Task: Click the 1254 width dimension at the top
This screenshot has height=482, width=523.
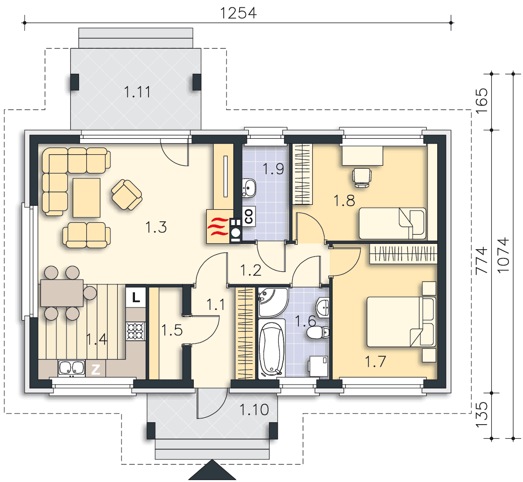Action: coord(238,13)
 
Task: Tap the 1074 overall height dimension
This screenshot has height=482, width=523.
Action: coord(503,255)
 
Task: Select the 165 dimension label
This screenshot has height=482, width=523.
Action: coord(482,101)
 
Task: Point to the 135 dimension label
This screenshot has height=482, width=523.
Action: coord(482,415)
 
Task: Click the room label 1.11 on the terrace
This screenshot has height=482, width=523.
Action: coord(137,92)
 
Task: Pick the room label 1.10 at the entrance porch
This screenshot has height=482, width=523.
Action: coord(254,410)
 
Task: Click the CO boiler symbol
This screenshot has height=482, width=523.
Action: coord(249,216)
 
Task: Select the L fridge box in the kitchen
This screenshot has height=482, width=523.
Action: coord(136,296)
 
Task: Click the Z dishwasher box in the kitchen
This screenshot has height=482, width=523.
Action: coord(96,369)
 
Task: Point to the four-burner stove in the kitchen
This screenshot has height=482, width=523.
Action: coord(136,331)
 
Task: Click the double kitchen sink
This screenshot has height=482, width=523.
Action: coord(71,368)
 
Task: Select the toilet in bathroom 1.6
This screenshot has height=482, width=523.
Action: coord(318,333)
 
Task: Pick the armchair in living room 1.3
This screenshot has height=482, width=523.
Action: coord(127,194)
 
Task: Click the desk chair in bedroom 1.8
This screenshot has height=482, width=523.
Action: coord(362,177)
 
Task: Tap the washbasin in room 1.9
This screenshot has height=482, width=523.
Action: coord(249,188)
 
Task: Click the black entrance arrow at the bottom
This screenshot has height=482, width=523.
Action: coord(212,470)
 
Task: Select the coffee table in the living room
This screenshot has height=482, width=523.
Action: coord(86,198)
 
